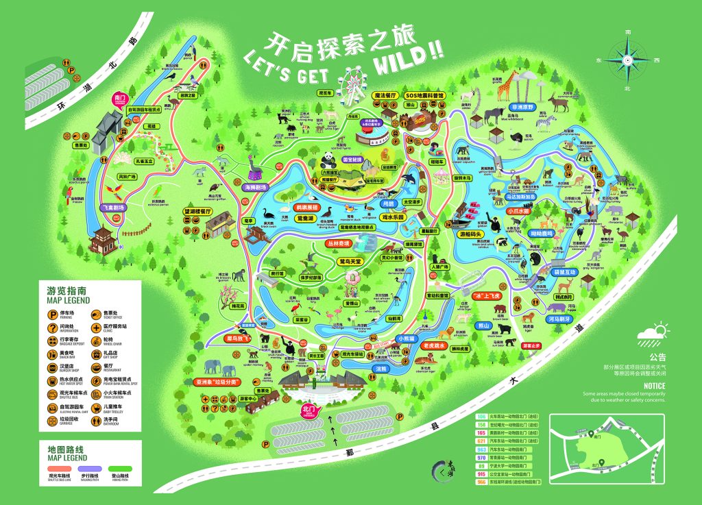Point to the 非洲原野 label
[524, 108]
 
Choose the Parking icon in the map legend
[53, 315]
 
